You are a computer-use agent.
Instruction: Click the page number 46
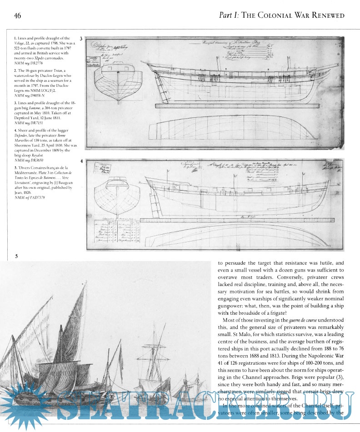pyautogui.click(x=18, y=16)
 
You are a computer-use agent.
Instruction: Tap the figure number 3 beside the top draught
pyautogui.click(x=81, y=40)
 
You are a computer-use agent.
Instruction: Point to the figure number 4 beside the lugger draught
pyautogui.click(x=81, y=161)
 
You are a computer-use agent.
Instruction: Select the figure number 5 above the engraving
pyautogui.click(x=16, y=256)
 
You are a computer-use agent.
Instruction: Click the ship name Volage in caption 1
pyautogui.click(x=21, y=43)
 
